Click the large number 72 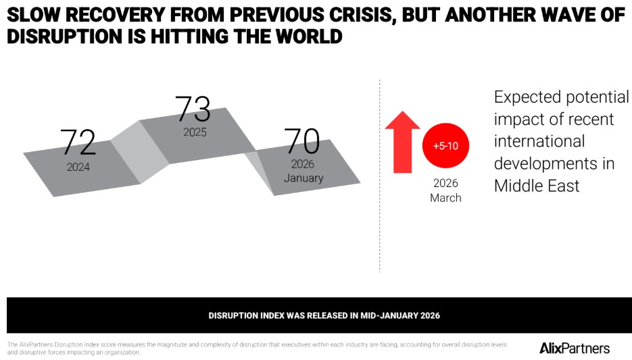78,143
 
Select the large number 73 193,109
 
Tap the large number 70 301,141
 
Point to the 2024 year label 78,167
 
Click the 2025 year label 195,132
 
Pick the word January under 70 303,178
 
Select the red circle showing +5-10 445,146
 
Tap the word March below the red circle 445,198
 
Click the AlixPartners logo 575,349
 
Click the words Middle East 537,186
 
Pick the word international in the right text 539,142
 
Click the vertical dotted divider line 379,176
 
